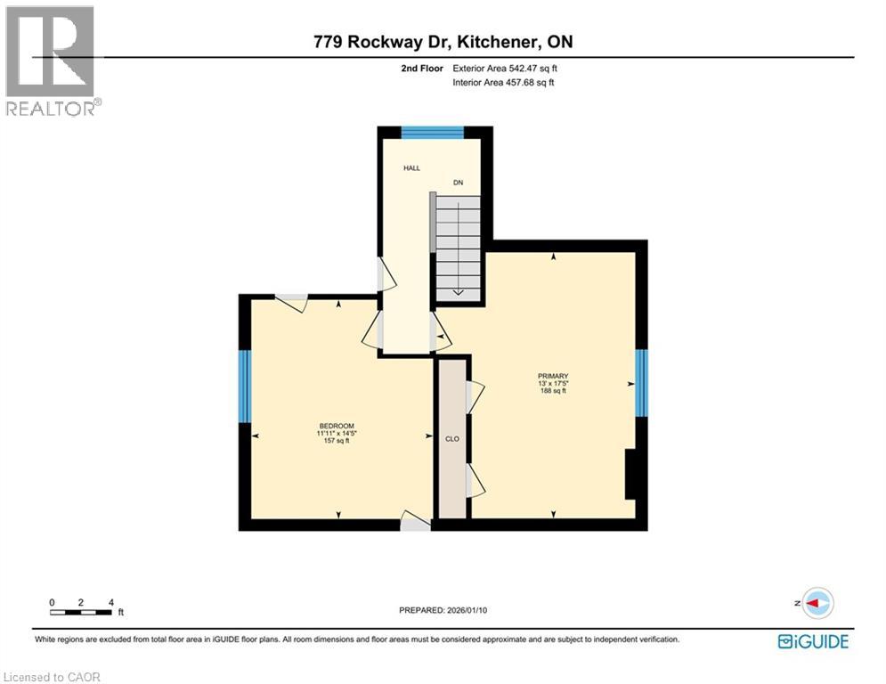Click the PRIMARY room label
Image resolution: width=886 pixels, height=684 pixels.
point(553,376)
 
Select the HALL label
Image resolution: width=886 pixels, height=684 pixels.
point(411,167)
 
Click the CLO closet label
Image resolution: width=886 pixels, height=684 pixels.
point(451,438)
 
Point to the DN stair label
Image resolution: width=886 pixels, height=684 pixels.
point(459,183)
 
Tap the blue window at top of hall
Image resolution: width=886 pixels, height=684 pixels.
point(433,133)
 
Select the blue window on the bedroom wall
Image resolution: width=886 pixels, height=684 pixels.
point(244,385)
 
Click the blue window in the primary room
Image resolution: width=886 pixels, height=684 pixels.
point(640,383)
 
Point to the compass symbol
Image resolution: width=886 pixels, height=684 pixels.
point(817,603)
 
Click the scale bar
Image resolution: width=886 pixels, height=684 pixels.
point(82,611)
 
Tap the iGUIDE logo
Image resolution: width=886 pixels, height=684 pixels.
point(812,640)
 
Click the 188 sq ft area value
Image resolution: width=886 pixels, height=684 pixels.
point(553,392)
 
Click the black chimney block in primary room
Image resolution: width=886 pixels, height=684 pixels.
point(630,474)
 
